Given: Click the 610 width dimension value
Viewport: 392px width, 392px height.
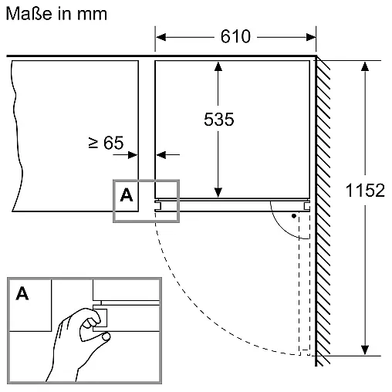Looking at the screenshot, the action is [x=235, y=36].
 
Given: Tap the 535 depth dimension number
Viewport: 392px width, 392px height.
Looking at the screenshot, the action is [x=219, y=120].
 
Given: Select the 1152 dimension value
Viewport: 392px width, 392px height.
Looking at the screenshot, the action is [x=365, y=191].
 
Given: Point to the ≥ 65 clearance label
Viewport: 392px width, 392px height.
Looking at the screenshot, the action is [x=106, y=143].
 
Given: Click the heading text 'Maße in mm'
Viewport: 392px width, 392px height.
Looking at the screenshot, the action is [x=56, y=14].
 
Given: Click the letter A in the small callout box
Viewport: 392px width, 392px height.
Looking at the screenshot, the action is [x=127, y=195].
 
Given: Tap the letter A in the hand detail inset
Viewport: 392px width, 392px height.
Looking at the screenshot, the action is [x=22, y=293].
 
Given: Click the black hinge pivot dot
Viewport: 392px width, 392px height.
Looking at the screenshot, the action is [x=294, y=216].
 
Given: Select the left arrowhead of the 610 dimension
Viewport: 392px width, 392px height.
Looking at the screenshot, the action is [x=161, y=37].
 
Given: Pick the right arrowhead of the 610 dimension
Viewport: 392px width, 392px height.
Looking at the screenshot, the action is [x=311, y=37].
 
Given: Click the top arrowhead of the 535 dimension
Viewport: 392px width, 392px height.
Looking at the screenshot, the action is [x=218, y=66].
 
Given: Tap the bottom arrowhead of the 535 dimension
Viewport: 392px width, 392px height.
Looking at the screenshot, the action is [x=218, y=193].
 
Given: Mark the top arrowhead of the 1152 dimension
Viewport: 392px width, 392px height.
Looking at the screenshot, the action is [x=365, y=66].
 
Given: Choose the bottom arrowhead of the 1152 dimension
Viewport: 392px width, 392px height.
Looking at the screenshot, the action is [x=365, y=350].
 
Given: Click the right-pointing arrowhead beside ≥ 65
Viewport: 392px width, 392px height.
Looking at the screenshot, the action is [x=133, y=155].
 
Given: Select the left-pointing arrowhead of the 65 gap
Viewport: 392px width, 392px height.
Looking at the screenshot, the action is [x=161, y=155].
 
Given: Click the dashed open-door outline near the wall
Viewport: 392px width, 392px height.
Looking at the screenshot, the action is [x=304, y=284].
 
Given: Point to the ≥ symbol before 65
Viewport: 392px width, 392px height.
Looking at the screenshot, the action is [x=93, y=143].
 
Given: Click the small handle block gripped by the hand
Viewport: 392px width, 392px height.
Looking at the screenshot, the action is [x=100, y=318].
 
